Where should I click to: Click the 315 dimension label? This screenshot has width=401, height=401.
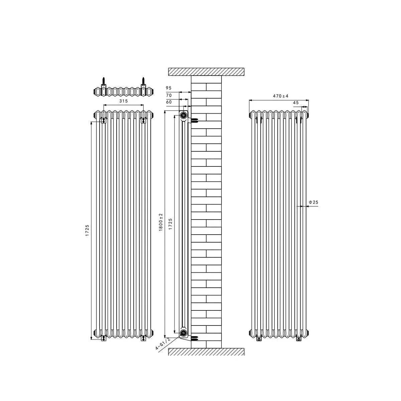pos(124,101)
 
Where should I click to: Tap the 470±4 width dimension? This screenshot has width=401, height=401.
pos(280,96)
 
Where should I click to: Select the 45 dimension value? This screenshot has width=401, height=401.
pos(295,103)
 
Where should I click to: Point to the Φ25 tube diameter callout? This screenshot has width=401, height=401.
pos(313,202)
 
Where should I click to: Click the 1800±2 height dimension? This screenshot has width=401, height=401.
pos(161,222)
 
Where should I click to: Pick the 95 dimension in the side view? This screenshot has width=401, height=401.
pos(168,88)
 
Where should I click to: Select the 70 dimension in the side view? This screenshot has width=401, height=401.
pos(168,95)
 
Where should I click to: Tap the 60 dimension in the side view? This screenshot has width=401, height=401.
pos(168,102)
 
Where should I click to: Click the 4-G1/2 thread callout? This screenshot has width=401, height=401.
pos(163,344)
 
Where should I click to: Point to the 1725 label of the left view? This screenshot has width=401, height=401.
pos(87,231)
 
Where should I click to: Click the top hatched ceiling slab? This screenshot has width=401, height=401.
pos(206,72)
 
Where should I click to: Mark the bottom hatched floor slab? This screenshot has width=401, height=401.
pos(206,352)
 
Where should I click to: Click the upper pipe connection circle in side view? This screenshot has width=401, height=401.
pos(183,116)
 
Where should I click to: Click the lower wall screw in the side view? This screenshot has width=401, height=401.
pos(195,337)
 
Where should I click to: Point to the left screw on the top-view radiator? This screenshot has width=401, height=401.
pos(104,82)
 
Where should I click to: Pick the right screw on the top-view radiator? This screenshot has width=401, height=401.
pos(143,82)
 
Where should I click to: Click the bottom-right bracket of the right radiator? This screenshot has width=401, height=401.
pos(299,339)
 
